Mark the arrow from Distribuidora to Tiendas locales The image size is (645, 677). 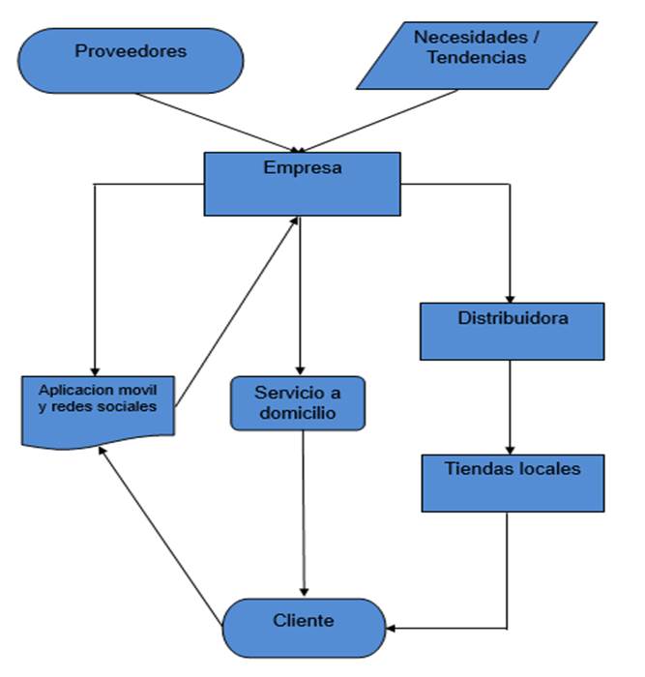512,406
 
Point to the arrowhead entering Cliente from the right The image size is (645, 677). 392,629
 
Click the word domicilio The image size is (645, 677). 297,414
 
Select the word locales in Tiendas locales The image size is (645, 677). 546,469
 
